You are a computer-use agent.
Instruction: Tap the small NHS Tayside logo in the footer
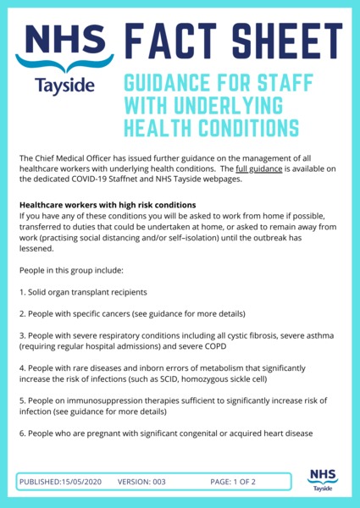[320, 478]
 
